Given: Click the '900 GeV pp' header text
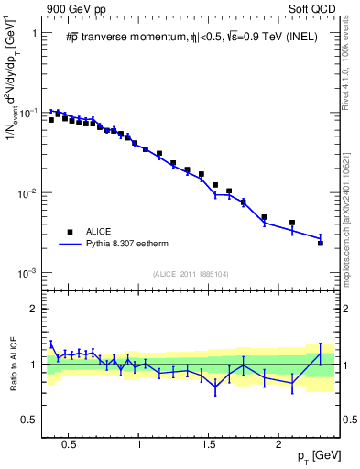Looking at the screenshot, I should click(x=75, y=9).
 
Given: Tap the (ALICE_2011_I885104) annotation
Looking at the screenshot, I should click(x=191, y=274).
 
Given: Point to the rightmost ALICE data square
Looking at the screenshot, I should click(x=321, y=243).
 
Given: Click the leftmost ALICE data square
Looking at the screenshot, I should click(x=51, y=119).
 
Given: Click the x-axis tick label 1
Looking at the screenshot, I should click(x=138, y=446).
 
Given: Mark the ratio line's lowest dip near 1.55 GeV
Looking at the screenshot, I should click(x=215, y=387).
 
